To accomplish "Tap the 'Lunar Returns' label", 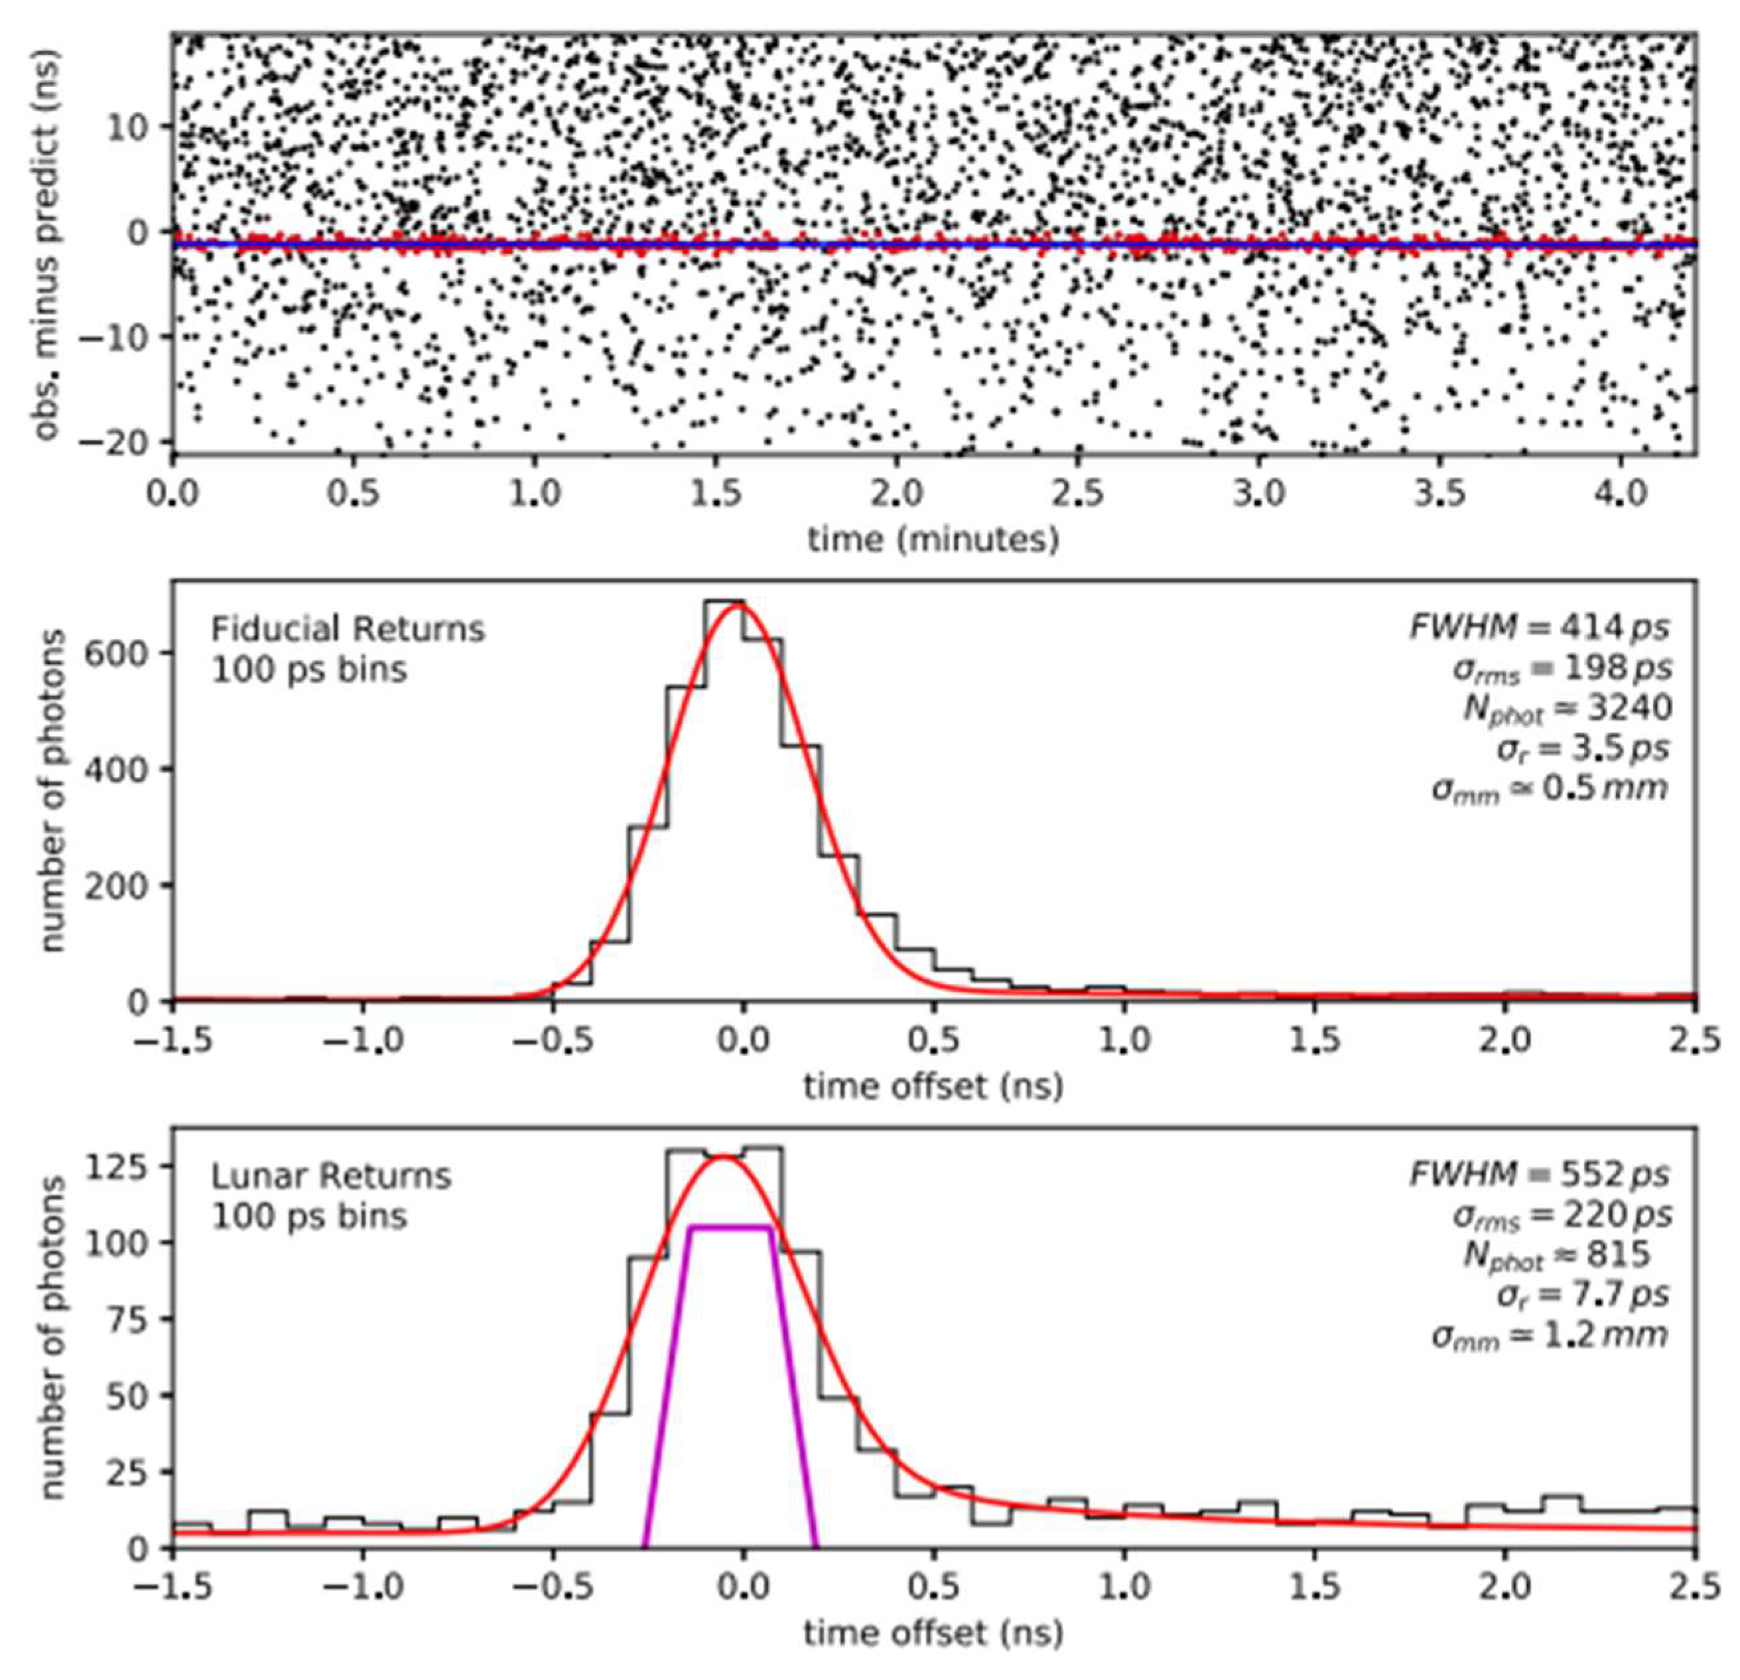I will [x=330, y=1176].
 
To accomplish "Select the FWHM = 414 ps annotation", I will [x=1538, y=628].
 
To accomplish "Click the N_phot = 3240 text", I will [x=1567, y=708].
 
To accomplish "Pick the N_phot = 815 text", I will [x=1556, y=1254].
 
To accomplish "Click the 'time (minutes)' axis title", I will [x=933, y=539].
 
